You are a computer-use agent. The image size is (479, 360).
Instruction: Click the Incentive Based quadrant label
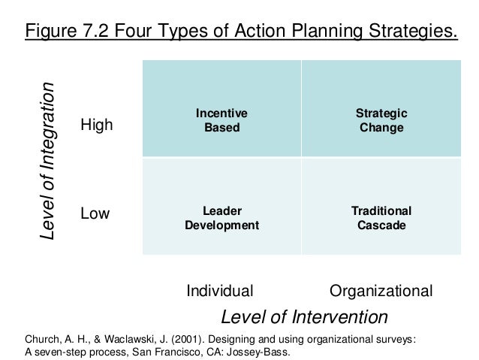pyautogui.click(x=221, y=120)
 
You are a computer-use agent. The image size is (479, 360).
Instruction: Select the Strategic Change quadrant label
pyautogui.click(x=381, y=120)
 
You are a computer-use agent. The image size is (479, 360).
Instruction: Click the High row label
pyautogui.click(x=96, y=126)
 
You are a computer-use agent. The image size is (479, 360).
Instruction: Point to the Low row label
pyautogui.click(x=95, y=214)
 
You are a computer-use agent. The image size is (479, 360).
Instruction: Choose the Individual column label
pyautogui.click(x=219, y=290)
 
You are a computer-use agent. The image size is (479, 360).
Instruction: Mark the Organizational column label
pyautogui.click(x=381, y=290)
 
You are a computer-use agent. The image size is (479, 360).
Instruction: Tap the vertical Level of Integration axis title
pyautogui.click(x=48, y=162)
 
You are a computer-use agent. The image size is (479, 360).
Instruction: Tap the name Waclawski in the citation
pyautogui.click(x=122, y=339)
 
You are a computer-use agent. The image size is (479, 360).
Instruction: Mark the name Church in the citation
pyautogui.click(x=43, y=339)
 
